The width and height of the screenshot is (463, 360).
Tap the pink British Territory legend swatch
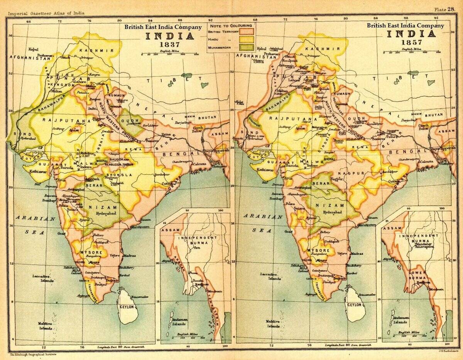point(247,30)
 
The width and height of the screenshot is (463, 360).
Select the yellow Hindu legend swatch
point(247,39)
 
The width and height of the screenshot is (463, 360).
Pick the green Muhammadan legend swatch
point(247,47)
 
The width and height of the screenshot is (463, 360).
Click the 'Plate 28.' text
point(444,9)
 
